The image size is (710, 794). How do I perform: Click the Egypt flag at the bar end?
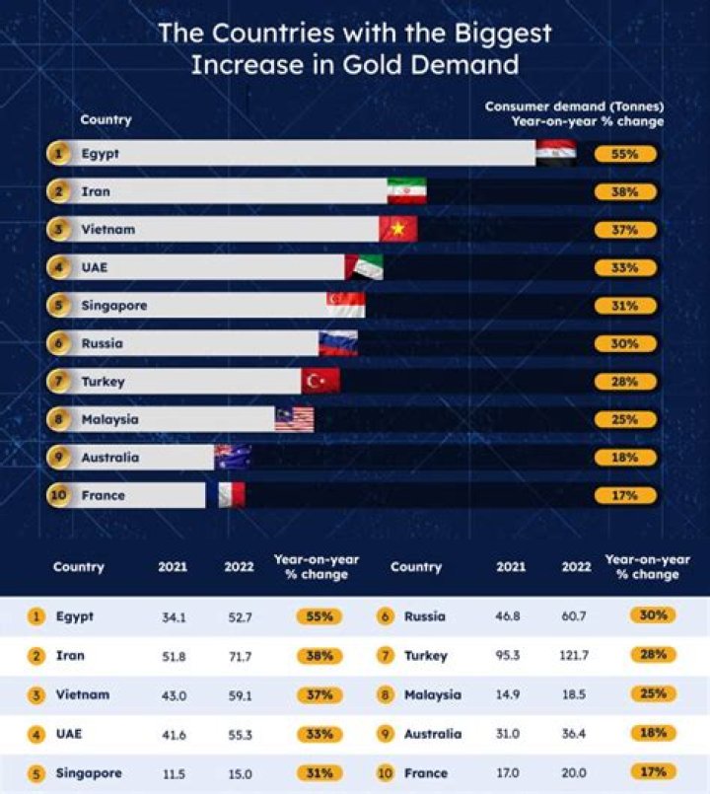tap(556, 154)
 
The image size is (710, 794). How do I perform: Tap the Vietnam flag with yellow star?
tap(398, 230)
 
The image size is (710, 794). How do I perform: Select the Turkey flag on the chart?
tap(320, 381)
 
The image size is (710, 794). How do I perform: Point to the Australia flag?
tap(233, 457)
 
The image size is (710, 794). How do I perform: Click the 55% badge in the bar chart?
tap(625, 155)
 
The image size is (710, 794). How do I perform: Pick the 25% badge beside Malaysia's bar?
tap(625, 419)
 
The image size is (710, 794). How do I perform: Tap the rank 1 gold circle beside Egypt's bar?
tap(59, 154)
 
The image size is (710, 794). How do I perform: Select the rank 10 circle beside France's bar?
tap(59, 495)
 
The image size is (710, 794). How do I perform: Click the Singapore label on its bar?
tap(113, 306)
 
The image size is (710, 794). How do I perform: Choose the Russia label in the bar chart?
tap(103, 343)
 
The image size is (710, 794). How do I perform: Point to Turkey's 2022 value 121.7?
tap(572, 655)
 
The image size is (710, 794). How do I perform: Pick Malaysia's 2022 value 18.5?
tap(572, 694)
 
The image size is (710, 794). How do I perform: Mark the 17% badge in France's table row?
tap(652, 773)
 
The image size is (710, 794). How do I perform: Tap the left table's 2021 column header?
tap(173, 567)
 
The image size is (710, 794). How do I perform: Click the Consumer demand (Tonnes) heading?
tap(574, 106)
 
